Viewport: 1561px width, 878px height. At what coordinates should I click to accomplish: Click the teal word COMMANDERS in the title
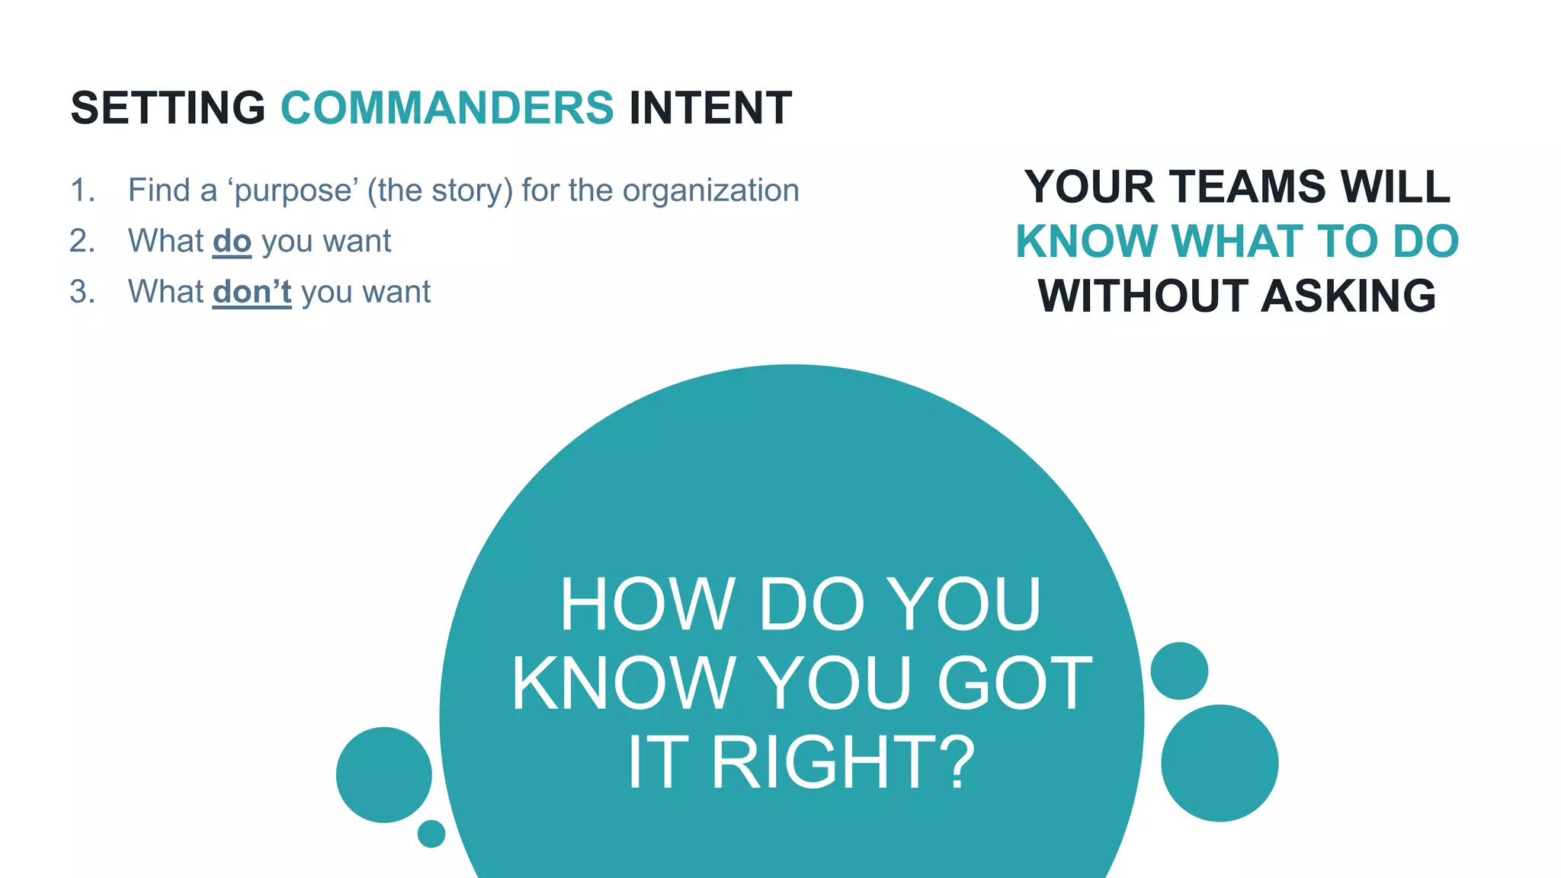(x=447, y=107)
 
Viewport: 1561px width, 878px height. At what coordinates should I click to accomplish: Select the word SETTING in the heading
(x=168, y=107)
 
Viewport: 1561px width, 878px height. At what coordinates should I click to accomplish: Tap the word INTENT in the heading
(x=710, y=107)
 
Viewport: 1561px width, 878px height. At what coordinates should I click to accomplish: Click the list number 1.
(x=82, y=191)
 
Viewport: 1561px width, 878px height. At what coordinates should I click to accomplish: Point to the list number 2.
(x=82, y=242)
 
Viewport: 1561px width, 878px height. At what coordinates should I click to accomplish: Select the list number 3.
(x=82, y=292)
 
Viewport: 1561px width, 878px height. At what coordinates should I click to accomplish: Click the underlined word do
(x=232, y=242)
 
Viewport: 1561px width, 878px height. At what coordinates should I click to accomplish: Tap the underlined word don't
(x=252, y=292)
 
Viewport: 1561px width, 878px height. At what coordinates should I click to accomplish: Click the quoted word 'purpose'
(x=293, y=191)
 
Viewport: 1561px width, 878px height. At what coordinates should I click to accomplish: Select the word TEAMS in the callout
(x=1248, y=187)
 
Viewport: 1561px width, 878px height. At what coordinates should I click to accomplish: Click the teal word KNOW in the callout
(x=1086, y=242)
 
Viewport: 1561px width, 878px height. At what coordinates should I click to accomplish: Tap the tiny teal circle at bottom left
(x=431, y=834)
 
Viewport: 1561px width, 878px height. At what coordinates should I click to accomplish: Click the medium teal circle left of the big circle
(x=384, y=774)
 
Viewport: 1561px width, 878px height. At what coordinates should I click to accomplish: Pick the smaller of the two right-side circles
(x=1179, y=671)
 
